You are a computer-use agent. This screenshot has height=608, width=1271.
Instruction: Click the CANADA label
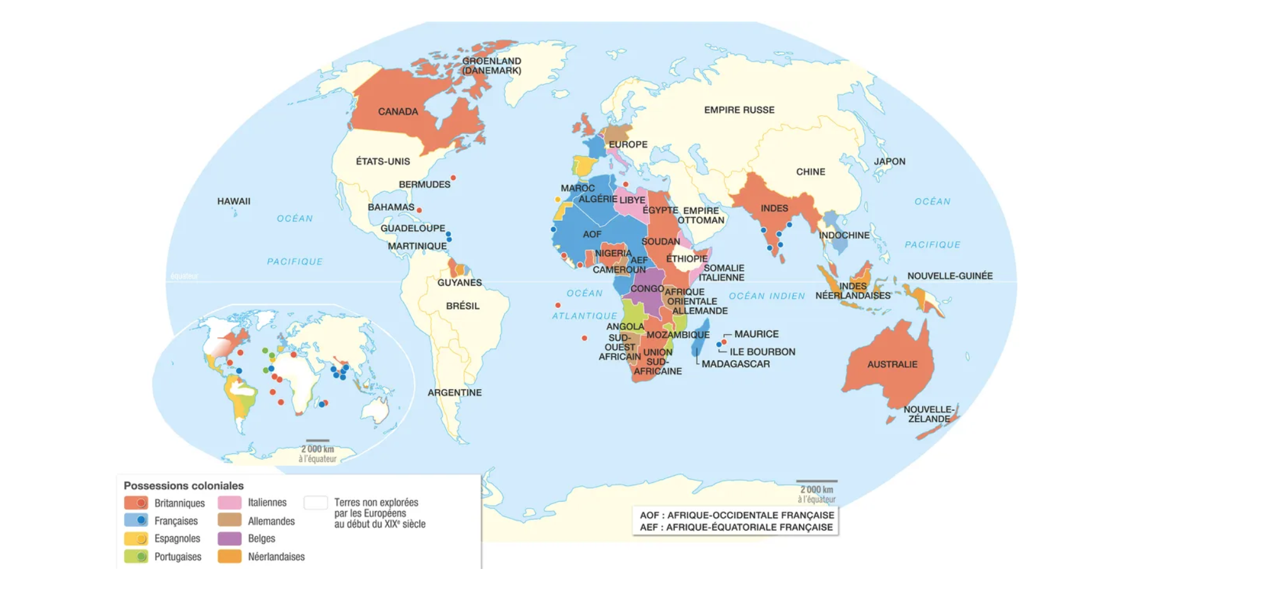397,111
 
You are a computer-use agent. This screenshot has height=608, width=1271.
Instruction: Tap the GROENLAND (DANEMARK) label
491,65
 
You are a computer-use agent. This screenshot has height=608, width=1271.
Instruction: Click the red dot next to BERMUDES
453,178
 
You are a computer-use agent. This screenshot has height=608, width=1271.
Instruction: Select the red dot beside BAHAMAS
419,210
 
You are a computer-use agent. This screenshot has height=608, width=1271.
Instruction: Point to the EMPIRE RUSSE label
739,110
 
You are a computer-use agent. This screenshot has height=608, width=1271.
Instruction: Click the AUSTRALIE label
892,364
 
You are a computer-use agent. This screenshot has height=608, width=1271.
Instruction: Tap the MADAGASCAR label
735,364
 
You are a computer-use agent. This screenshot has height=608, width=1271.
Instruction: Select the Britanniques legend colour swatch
136,503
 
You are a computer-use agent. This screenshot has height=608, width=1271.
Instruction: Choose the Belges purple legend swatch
229,539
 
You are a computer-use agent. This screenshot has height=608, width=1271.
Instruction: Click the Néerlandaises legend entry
276,557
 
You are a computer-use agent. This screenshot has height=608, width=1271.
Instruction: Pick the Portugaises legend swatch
136,557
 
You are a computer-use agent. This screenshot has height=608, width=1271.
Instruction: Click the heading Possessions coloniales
183,486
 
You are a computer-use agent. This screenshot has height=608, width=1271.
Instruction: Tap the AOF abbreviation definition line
736,515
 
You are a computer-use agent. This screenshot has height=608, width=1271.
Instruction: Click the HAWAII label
234,201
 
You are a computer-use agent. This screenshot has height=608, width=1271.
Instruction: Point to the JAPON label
889,162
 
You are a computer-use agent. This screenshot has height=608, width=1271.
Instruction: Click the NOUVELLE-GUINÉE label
949,276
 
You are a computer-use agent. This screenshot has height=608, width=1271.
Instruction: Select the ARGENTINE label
454,393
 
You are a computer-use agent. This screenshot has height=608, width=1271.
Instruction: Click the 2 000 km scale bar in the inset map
317,441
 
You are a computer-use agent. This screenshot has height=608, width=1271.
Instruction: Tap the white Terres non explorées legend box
316,503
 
